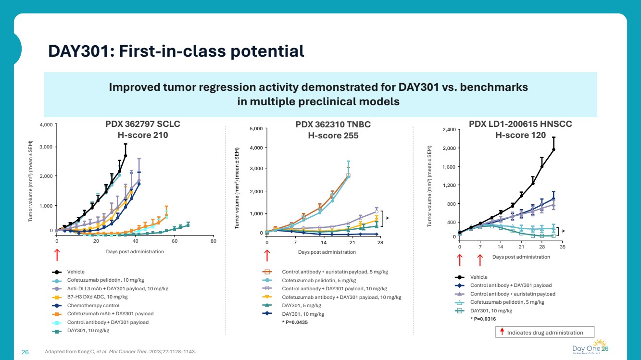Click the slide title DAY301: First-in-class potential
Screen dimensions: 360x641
coord(176,51)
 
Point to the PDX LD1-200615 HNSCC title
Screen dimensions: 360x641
coord(520,124)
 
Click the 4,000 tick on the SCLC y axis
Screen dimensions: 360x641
coord(45,125)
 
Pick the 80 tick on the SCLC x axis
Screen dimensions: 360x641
coord(214,241)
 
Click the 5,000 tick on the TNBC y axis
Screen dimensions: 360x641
coord(256,129)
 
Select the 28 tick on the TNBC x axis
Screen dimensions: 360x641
coord(380,242)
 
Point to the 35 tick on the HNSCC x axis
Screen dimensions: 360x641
coord(563,247)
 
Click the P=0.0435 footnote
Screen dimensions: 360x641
coord(295,323)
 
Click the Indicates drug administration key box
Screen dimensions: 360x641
coord(545,332)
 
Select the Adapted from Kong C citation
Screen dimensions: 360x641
coord(120,352)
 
